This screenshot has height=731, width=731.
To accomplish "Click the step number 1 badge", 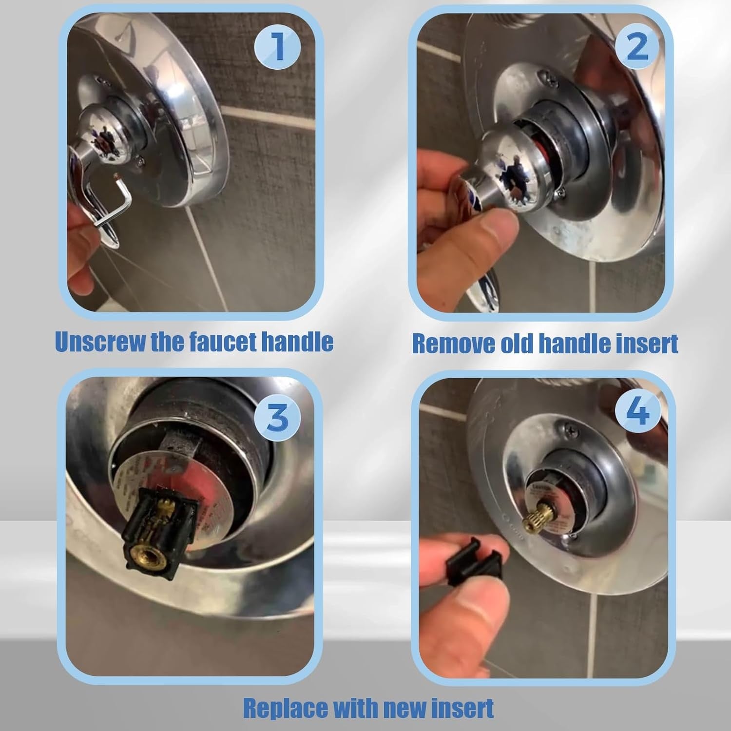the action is pyautogui.click(x=278, y=47).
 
